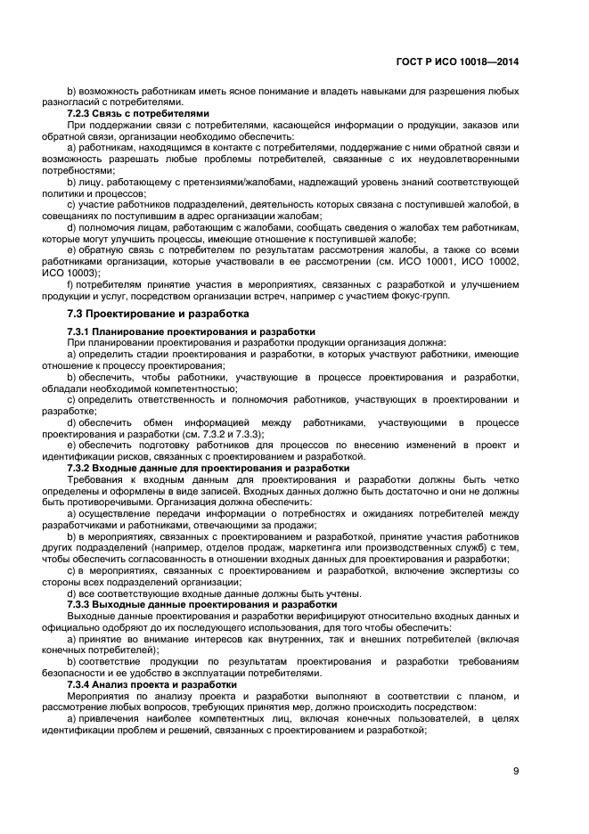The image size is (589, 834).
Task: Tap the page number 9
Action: (x=516, y=772)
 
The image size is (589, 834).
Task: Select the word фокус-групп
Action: (x=424, y=296)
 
